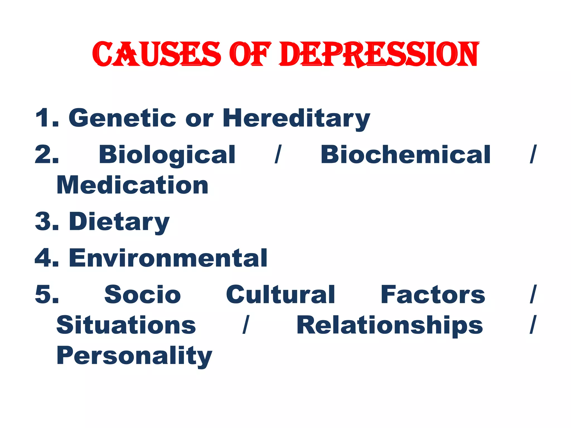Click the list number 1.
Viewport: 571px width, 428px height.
click(45, 118)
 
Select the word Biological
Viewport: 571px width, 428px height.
click(167, 155)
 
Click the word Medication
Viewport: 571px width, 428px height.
click(132, 185)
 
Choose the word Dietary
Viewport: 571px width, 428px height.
click(119, 222)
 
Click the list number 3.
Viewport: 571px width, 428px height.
click(45, 222)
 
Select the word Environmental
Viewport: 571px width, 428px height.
click(168, 258)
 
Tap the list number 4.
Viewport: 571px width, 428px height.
click(45, 258)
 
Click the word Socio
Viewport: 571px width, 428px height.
click(142, 295)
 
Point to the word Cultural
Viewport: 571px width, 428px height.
click(280, 295)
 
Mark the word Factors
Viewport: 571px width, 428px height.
click(433, 295)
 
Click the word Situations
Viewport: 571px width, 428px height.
click(126, 325)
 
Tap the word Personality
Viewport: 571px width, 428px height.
click(134, 356)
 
